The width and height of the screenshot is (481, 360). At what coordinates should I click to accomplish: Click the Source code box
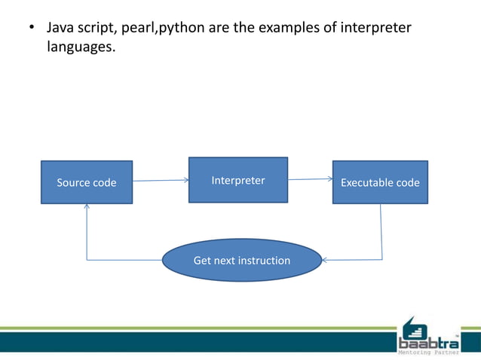pyautogui.click(x=87, y=182)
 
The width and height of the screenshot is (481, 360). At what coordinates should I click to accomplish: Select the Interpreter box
pyautogui.click(x=237, y=180)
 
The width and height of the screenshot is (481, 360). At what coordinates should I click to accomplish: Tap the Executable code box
pyautogui.click(x=380, y=182)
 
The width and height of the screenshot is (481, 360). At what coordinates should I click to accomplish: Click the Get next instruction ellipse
pyautogui.click(x=241, y=261)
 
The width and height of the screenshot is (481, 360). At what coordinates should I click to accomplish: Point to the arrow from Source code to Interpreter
pyautogui.click(x=160, y=181)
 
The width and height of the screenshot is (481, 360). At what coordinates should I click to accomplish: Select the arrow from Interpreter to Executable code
pyautogui.click(x=310, y=179)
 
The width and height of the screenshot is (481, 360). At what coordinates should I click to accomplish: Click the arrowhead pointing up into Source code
pyautogui.click(x=87, y=207)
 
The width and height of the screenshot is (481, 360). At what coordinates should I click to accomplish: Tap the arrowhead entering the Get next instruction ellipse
pyautogui.click(x=325, y=261)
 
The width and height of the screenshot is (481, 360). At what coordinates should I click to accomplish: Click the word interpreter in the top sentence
pyautogui.click(x=378, y=29)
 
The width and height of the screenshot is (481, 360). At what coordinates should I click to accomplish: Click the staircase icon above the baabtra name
pyautogui.click(x=414, y=327)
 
